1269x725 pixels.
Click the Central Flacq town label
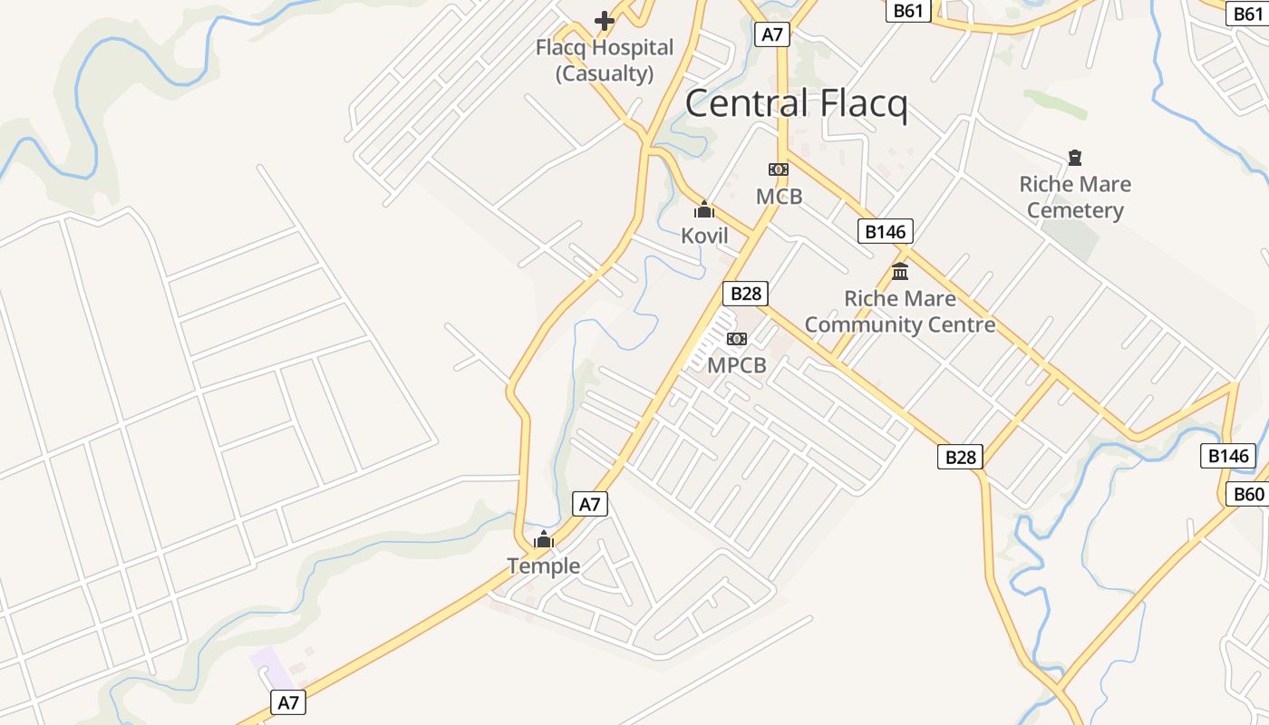tap(796, 103)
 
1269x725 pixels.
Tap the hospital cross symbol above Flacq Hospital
tap(605, 20)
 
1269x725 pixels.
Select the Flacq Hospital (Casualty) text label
tap(605, 61)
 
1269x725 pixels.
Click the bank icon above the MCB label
tap(779, 169)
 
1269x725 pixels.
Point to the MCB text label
tap(780, 196)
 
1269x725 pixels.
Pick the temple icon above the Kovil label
tap(704, 210)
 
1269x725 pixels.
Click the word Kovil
tap(704, 236)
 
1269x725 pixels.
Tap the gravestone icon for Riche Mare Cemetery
tap(1075, 158)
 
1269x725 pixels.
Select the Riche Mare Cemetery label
tap(1075, 198)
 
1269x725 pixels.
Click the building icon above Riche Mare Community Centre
tap(900, 271)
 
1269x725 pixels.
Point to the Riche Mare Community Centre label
tap(900, 312)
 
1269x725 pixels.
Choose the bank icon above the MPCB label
tap(737, 339)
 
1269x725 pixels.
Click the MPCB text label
tap(737, 365)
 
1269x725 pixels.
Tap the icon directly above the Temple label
tap(544, 540)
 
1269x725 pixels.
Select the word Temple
tap(544, 566)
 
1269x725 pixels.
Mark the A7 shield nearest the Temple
tap(590, 505)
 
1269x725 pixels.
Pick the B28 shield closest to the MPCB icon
tap(745, 294)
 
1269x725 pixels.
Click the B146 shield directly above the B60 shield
tap(1228, 456)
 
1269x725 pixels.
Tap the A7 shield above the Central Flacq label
tap(771, 35)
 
